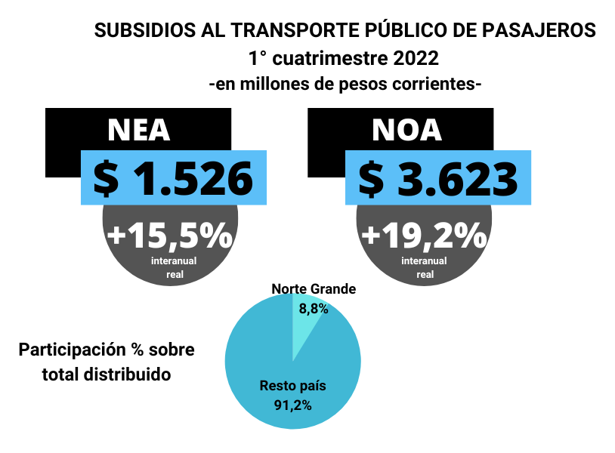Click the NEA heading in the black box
click(139, 131)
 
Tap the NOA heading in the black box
click(406, 131)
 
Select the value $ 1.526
click(173, 178)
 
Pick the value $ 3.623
click(437, 178)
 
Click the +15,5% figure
click(170, 236)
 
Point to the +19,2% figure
click(424, 236)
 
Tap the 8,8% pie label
click(314, 308)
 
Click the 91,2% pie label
click(293, 405)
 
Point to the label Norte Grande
click(314, 289)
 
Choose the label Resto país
click(293, 386)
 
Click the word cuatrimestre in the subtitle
click(326, 58)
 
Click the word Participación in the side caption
click(73, 350)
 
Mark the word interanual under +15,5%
click(174, 261)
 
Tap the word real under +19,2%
click(425, 275)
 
